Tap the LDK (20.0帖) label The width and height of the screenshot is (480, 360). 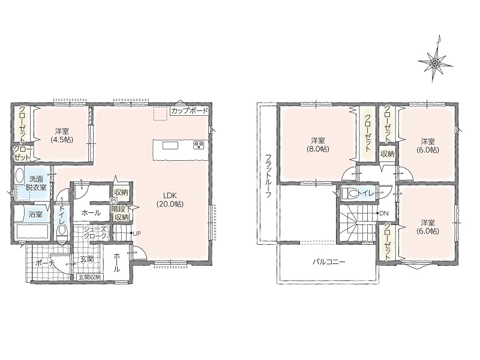tap(170, 200)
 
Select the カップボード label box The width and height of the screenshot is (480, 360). tap(190, 110)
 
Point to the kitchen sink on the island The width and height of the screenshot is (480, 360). tap(170, 145)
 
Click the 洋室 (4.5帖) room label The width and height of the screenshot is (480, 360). tap(62, 136)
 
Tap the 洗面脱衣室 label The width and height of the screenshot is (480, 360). tap(36, 183)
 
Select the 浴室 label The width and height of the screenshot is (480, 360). tap(35, 214)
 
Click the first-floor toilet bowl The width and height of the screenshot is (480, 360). tap(62, 231)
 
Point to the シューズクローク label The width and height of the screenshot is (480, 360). tap(95, 232)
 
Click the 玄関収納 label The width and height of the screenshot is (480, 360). tap(89, 277)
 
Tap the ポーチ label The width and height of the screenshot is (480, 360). tap(44, 263)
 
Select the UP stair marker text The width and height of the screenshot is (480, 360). tap(137, 233)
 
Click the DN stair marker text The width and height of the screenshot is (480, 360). tap(384, 214)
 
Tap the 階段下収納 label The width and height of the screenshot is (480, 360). tap(121, 213)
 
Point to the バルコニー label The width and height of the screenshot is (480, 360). tap(329, 262)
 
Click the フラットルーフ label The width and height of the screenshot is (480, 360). tap(268, 175)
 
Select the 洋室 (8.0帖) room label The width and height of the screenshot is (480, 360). tap(318, 145)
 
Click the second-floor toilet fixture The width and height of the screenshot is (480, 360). tap(349, 193)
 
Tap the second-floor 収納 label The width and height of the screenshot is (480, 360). tap(387, 154)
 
